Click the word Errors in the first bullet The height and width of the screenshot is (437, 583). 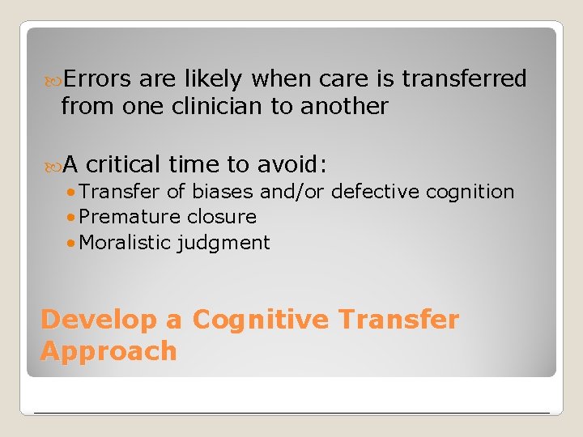pos(97,78)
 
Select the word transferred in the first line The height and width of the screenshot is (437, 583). pos(464,78)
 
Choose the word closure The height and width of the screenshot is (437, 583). pos(221,217)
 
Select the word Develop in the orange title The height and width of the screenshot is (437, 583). pos(99,320)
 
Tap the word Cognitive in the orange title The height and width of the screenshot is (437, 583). pos(261,320)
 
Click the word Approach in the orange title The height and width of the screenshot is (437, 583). pos(109,351)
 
